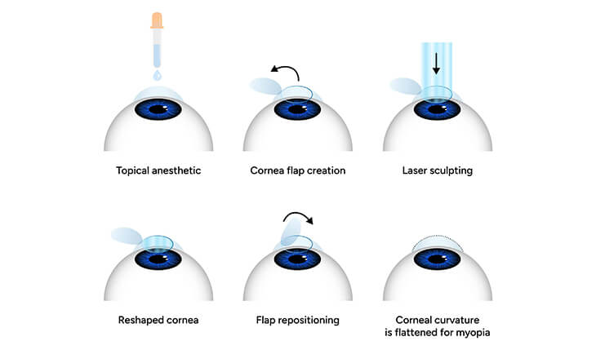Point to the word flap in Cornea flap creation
tap(298, 171)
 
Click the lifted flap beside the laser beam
tap(404, 85)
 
